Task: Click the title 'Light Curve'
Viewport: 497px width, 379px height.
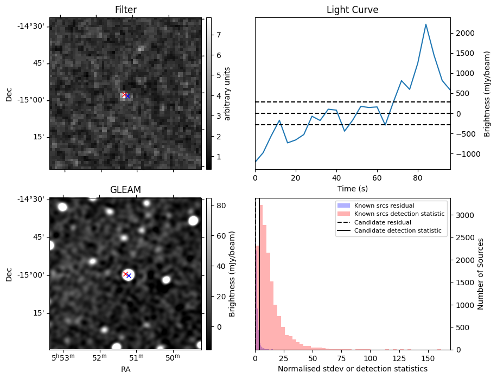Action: (x=352, y=10)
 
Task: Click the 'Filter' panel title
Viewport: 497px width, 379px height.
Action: (x=125, y=10)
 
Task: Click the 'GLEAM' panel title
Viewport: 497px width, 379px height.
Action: (x=125, y=190)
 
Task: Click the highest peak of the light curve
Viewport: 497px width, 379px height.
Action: (x=426, y=24)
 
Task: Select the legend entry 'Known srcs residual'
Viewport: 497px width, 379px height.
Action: (x=384, y=205)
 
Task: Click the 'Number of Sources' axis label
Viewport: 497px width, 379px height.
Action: (x=480, y=274)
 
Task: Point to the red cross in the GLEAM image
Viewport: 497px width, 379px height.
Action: (x=125, y=274)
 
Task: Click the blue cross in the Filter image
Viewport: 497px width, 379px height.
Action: (x=128, y=96)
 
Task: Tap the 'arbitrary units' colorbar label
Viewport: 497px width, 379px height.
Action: (x=228, y=93)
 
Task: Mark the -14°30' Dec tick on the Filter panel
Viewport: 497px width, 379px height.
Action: (x=33, y=26)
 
